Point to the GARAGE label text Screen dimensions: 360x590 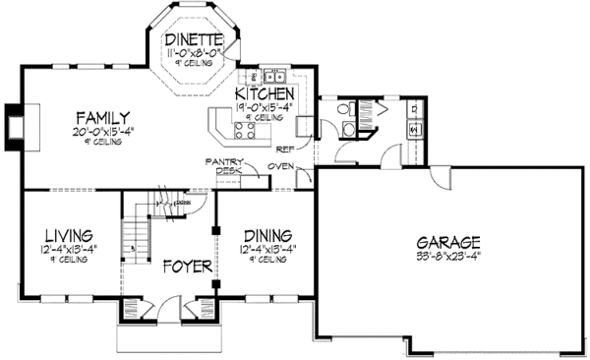click(447, 242)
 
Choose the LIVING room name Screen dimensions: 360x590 click(68, 236)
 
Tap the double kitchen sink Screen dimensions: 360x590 click(274, 75)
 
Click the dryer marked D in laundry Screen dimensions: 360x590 click(413, 127)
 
